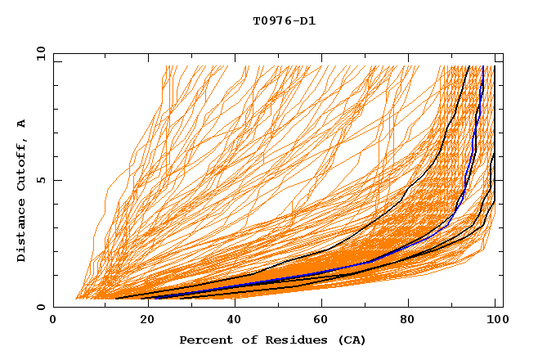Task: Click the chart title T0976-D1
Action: [284, 21]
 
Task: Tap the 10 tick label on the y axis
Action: [38, 53]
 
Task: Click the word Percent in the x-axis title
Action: [204, 340]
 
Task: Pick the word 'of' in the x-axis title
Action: [243, 340]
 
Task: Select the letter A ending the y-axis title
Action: [22, 123]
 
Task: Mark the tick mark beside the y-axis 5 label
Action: [56, 180]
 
